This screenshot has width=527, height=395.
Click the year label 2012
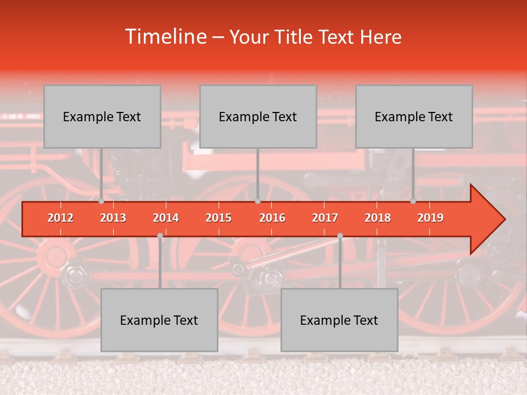click(x=60, y=218)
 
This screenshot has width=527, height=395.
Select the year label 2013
click(x=113, y=218)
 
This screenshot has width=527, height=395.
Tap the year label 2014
click(x=166, y=218)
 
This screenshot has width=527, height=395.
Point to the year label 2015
click(x=218, y=218)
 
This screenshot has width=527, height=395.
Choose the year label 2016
click(x=272, y=218)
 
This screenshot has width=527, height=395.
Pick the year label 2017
click(x=325, y=218)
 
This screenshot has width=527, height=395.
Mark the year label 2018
click(x=378, y=218)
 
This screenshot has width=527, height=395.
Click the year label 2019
click(x=430, y=218)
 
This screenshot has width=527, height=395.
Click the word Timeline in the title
click(x=165, y=37)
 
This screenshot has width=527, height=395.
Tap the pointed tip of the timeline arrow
click(x=504, y=219)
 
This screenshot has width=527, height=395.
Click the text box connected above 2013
click(x=102, y=116)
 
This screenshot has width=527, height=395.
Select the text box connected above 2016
click(x=258, y=116)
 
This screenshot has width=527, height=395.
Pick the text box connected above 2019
click(x=414, y=116)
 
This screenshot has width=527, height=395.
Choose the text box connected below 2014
click(x=159, y=320)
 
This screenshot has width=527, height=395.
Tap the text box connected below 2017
click(x=339, y=320)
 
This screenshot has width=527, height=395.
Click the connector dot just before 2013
click(x=102, y=201)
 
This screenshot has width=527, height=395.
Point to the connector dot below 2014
click(x=160, y=236)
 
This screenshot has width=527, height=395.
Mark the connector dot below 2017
click(x=340, y=236)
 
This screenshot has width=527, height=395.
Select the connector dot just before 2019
click(x=413, y=201)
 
